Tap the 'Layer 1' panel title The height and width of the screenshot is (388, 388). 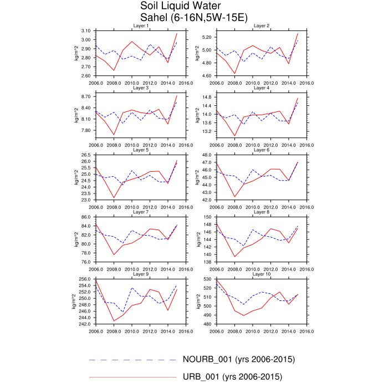pos(141,26)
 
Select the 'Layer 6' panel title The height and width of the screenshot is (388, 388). pos(261,150)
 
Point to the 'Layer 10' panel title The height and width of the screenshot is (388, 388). pos(261,274)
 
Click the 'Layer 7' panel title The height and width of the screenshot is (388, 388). pos(141,212)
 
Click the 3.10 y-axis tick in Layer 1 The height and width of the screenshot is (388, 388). pos(86,31)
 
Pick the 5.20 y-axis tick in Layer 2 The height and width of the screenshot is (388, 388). pos(207,37)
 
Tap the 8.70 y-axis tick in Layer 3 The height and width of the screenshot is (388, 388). pos(86,96)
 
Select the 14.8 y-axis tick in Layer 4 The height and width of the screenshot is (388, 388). pos(207,97)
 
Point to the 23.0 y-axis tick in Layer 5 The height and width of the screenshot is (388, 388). pos(86,200)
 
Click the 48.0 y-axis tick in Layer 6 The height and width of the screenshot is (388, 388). pos(207,155)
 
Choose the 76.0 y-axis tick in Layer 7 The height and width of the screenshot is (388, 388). pos(86,262)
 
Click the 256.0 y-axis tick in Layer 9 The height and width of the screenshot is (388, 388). pos(85,279)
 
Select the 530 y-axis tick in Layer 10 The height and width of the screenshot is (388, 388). pos(208,279)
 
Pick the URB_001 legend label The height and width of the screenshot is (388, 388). pos(232,377)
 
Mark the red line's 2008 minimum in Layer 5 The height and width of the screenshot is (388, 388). pos(114,197)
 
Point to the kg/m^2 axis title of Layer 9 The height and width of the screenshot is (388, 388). pos(74,302)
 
